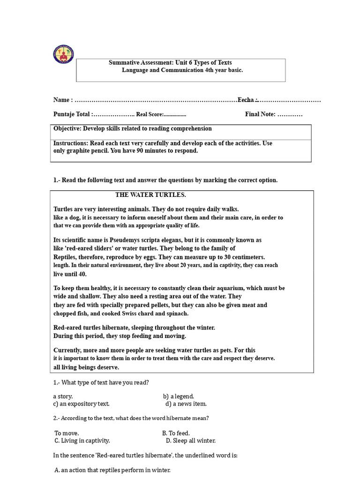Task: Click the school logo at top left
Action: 63,55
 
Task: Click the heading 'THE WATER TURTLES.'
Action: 150,195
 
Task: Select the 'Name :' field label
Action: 63,100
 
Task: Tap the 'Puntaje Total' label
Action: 72,114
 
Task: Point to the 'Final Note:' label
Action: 260,114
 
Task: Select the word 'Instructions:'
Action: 71,143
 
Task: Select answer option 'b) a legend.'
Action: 179,397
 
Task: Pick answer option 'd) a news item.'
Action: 186,404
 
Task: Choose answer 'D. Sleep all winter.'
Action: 191,441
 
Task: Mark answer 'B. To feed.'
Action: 176,434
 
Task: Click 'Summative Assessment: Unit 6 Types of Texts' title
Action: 170,63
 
